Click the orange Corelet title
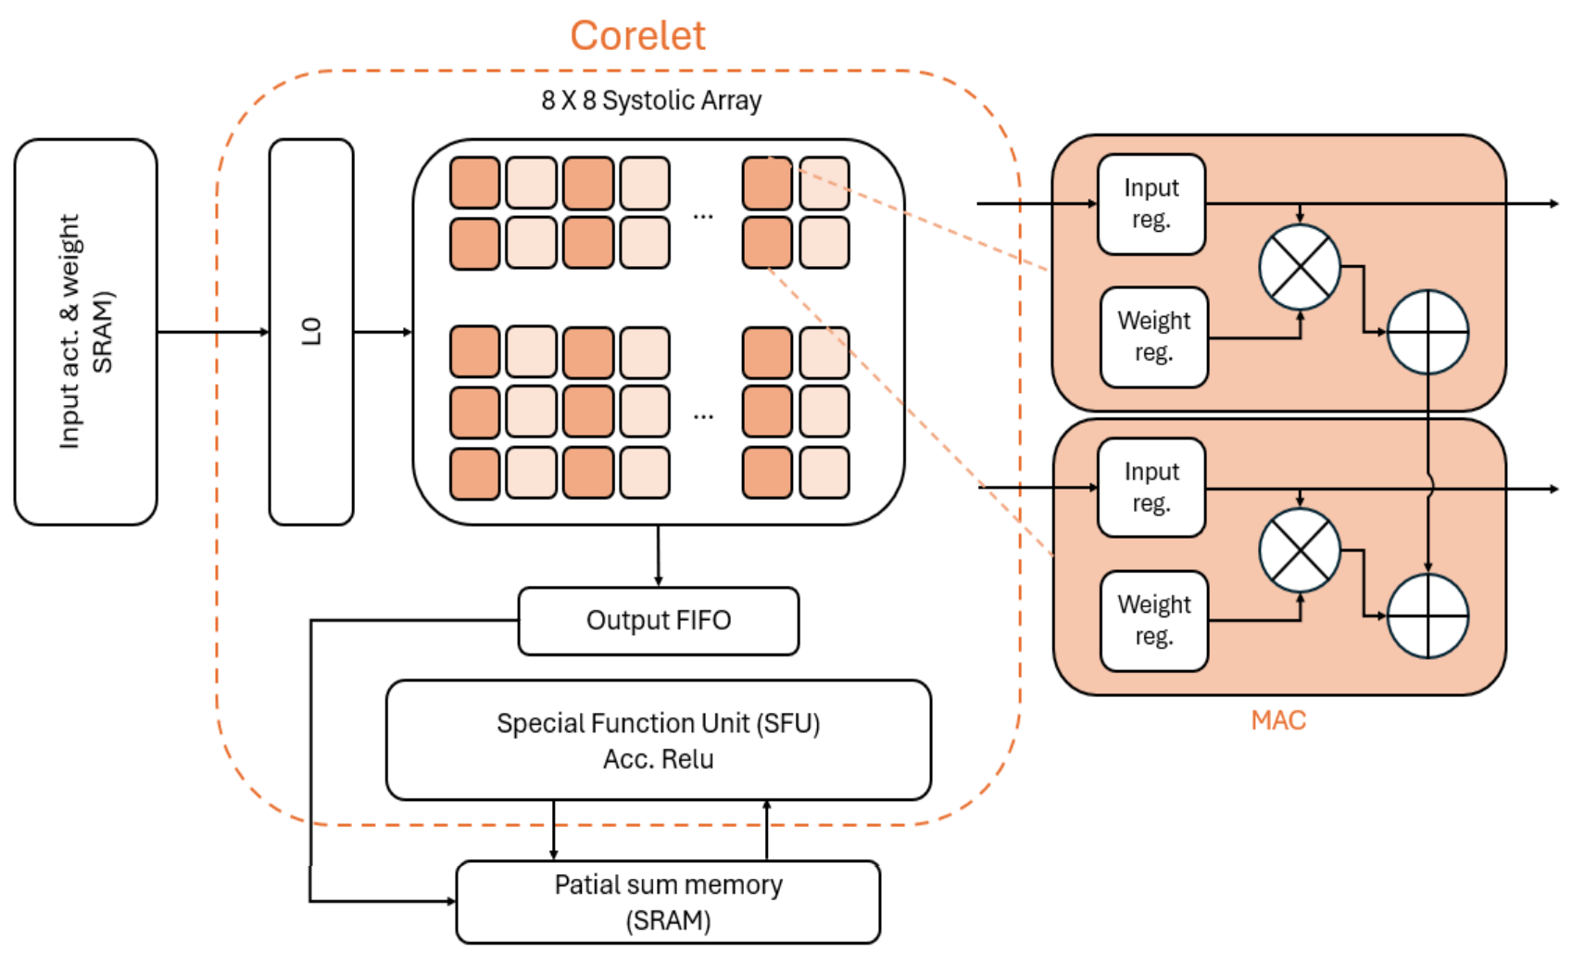coord(637,36)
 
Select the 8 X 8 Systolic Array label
coord(651,100)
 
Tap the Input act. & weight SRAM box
coord(85,332)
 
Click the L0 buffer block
coord(311,332)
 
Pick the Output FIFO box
coord(658,620)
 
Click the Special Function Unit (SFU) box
coord(658,740)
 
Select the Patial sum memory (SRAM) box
coord(668,902)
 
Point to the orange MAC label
coord(1277,720)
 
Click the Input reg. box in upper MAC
coord(1151,204)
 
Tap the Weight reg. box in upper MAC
coord(1153,336)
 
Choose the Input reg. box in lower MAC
coord(1151,488)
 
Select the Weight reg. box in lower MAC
coord(1153,620)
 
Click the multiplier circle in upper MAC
coord(1300,267)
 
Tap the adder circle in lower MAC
coord(1428,616)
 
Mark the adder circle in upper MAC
coord(1428,332)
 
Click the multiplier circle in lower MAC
coord(1300,551)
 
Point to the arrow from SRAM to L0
coord(213,332)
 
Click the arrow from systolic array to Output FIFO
coord(658,555)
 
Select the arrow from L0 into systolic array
coord(383,332)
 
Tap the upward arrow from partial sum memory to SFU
coord(767,830)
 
